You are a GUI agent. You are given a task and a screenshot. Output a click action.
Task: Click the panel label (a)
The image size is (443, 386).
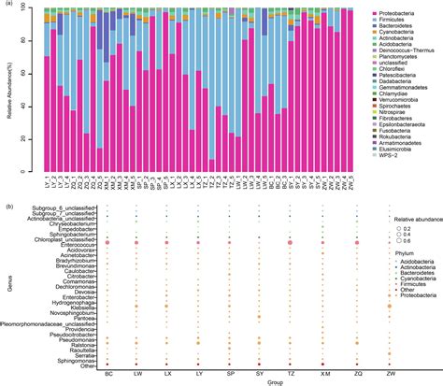click(7, 6)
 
